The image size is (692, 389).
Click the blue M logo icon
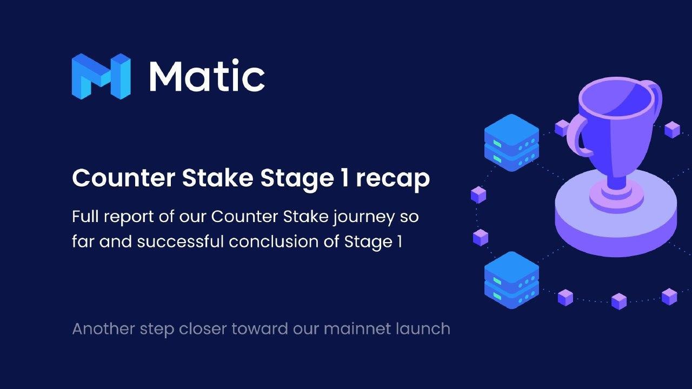click(101, 76)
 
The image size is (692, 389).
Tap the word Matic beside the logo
click(207, 76)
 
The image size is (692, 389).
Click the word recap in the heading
click(393, 179)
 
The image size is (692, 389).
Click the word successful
click(181, 241)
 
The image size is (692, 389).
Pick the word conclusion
click(274, 241)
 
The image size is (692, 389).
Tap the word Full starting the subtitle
click(85, 216)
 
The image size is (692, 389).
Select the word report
click(129, 217)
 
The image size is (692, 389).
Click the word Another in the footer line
click(103, 328)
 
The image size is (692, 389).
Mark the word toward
click(260, 328)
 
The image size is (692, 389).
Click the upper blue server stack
click(511, 143)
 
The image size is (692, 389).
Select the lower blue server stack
click(511, 280)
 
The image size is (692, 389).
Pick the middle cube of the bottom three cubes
click(619, 301)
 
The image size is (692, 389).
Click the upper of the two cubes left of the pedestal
click(478, 195)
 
